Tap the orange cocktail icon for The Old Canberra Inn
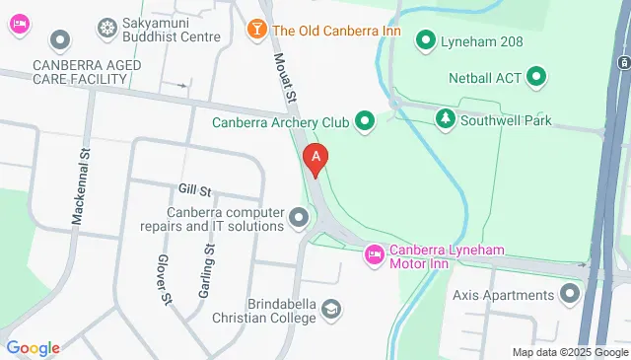tap(256, 30)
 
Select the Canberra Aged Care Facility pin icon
tap(61, 40)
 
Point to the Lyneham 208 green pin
tap(426, 39)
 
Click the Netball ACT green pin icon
tap(536, 75)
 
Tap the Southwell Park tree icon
tap(446, 118)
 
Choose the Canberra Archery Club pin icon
tap(365, 122)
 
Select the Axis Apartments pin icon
tap(570, 294)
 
